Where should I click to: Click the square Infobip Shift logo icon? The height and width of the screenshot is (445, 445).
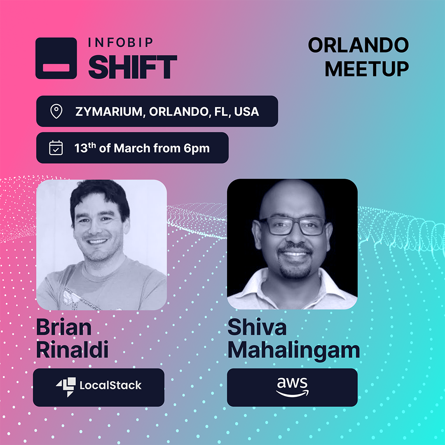click(56, 58)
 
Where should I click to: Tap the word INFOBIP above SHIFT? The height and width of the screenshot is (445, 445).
click(121, 42)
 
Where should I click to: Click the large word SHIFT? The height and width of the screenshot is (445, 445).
click(133, 67)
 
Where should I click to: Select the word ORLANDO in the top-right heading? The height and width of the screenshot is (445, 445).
click(358, 45)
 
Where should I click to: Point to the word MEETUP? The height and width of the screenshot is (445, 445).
click(367, 69)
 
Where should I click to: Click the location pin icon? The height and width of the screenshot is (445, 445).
click(56, 111)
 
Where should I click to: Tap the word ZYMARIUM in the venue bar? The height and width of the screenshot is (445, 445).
click(109, 112)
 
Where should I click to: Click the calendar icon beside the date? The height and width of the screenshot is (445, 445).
click(56, 148)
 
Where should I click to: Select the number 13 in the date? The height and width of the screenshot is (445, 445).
click(81, 148)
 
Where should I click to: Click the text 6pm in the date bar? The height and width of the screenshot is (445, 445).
click(197, 149)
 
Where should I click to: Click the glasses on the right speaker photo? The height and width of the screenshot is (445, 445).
click(292, 226)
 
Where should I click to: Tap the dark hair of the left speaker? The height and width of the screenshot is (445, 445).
click(100, 196)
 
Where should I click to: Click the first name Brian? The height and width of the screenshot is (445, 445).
click(64, 327)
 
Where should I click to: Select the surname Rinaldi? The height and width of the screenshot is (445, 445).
click(73, 350)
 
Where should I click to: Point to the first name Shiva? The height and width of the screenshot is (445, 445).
click(257, 327)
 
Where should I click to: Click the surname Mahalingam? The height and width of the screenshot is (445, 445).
click(294, 351)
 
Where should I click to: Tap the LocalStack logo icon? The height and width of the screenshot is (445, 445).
click(66, 387)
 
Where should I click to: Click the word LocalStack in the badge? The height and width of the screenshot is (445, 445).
click(110, 385)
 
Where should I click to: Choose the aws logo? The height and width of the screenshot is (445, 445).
click(292, 387)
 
